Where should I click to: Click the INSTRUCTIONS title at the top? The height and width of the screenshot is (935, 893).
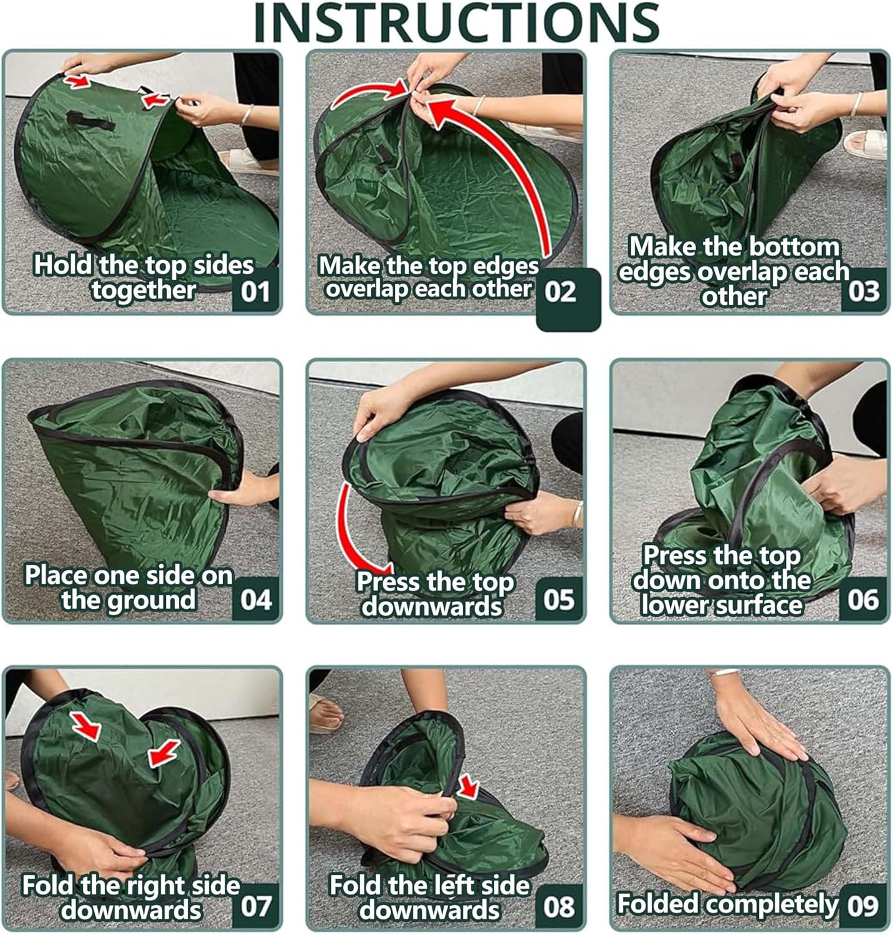[457, 23]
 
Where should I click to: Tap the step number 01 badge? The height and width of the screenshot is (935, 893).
[255, 290]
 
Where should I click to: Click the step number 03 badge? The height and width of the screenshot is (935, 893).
[864, 290]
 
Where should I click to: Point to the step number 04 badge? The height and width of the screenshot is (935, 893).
[255, 599]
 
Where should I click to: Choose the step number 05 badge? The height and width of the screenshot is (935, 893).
[559, 599]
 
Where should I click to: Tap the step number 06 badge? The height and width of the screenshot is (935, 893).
[863, 599]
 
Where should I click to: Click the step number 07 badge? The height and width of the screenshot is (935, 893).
[255, 906]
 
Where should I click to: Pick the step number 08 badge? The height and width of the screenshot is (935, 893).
[559, 906]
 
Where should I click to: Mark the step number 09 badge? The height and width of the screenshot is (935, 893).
[863, 906]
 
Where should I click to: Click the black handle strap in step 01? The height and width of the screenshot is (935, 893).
[90, 120]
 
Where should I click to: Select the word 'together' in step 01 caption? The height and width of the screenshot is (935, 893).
[144, 290]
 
